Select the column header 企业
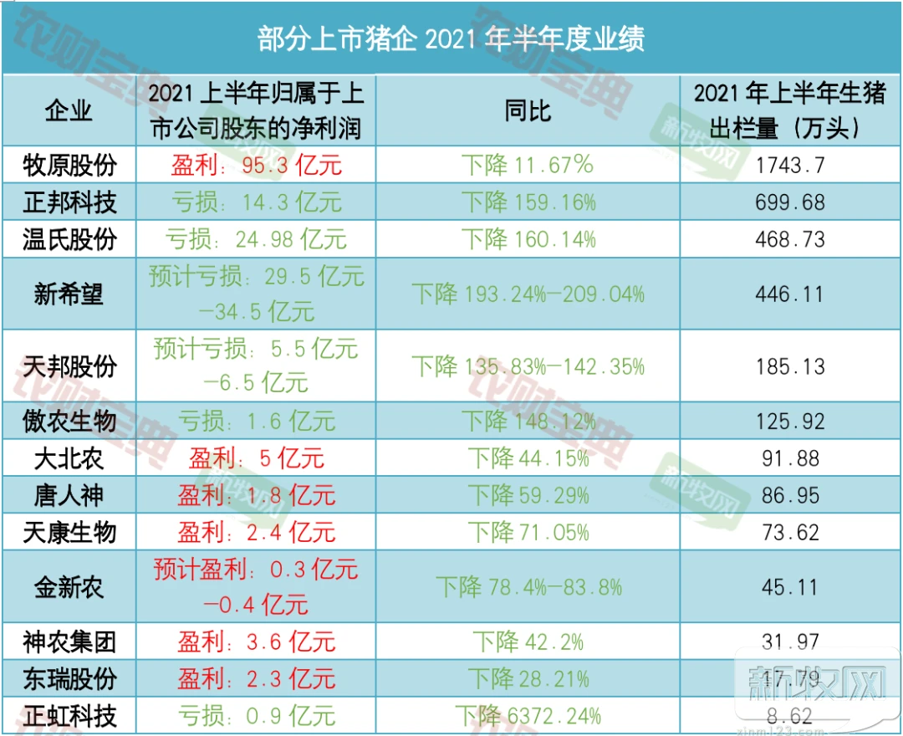(69, 110)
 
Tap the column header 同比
(528, 110)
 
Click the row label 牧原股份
(69, 165)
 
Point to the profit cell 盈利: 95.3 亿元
(257, 165)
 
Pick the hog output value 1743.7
(789, 165)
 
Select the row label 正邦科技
(69, 202)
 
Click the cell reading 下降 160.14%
(528, 240)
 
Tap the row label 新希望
(69, 294)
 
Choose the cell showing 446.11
(789, 294)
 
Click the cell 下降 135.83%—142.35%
(528, 366)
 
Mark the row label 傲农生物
(69, 421)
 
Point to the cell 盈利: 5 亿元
(257, 458)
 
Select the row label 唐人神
(69, 495)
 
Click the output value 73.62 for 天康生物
(789, 532)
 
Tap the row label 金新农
(69, 587)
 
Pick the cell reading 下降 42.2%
(528, 642)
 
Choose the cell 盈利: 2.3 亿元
(257, 679)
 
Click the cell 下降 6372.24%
(528, 716)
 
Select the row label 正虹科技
(69, 716)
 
